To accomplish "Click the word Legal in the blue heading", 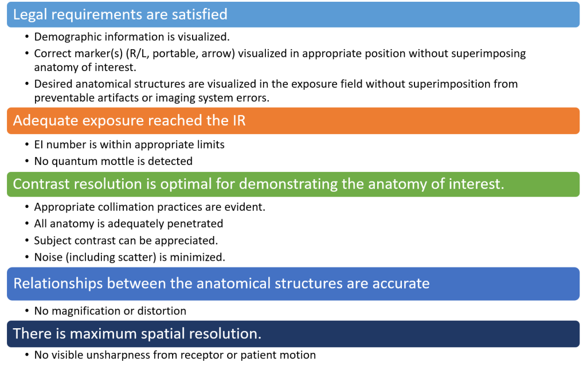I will [x=30, y=14].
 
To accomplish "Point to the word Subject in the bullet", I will [x=52, y=241].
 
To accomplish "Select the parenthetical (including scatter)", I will [x=111, y=257].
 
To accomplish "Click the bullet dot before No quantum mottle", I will [x=27, y=162].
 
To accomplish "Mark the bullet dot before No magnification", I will [x=27, y=311].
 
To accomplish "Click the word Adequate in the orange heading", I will [x=40, y=120].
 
